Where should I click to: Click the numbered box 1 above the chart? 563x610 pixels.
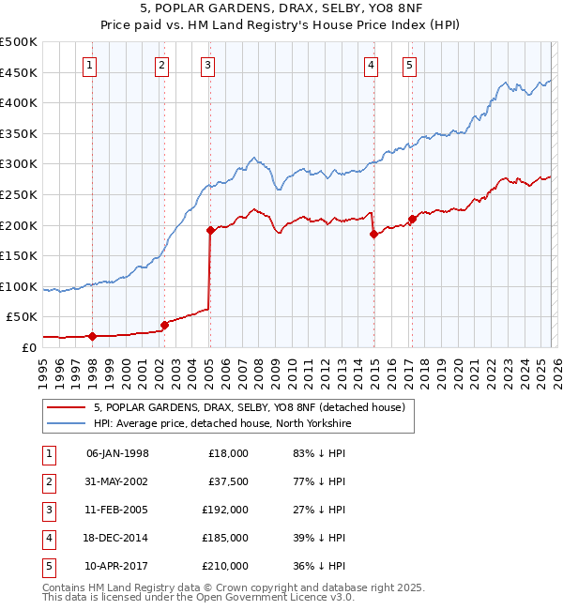click(89, 65)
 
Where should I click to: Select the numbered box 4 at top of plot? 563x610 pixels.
click(372, 65)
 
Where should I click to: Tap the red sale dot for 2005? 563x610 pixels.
click(210, 230)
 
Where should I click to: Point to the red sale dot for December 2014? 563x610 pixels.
click(373, 234)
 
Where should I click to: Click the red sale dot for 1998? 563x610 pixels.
click(92, 336)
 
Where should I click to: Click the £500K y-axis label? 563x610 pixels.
click(18, 42)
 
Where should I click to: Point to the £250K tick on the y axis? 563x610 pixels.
click(18, 194)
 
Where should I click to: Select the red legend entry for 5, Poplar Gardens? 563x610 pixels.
click(249, 407)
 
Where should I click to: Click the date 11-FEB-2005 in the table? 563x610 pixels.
click(117, 510)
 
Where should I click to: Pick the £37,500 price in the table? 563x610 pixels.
click(228, 481)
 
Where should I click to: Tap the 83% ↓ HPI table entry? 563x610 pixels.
click(319, 453)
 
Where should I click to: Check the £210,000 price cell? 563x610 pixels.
click(225, 566)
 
